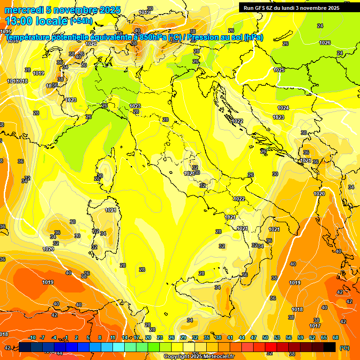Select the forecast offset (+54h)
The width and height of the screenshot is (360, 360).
pyautogui.click(x=81, y=21)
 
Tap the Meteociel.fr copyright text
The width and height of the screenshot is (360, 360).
pyautogui.click(x=199, y=357)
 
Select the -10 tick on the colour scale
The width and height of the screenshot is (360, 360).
pyautogui.click(x=32, y=337)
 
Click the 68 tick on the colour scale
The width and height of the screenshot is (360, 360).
pyautogui.click(x=336, y=337)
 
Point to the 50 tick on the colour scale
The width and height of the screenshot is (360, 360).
pyautogui.click(x=265, y=337)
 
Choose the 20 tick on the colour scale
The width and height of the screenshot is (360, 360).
pyautogui.click(x=148, y=337)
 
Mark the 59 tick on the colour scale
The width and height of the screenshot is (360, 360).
pyautogui.click(x=300, y=337)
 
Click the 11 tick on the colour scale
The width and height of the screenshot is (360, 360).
pyautogui.click(x=113, y=337)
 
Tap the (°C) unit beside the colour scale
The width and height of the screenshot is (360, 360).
pyautogui.click(x=345, y=347)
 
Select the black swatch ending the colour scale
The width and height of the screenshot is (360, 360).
pyautogui.click(x=330, y=347)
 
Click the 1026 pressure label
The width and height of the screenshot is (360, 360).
pyautogui.click(x=325, y=43)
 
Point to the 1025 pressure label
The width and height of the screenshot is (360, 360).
pyautogui.click(x=279, y=70)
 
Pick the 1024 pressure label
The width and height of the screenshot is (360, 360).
pyautogui.click(x=283, y=108)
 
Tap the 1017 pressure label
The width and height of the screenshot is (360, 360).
pyautogui.click(x=315, y=326)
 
